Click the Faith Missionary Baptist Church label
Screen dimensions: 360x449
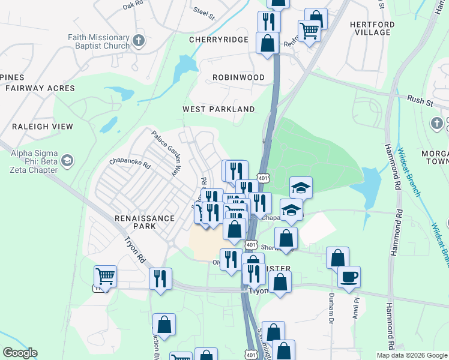point(98,41)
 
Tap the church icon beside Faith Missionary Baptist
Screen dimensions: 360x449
point(139,41)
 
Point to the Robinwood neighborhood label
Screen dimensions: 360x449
point(238,77)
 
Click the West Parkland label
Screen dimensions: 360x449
point(218,109)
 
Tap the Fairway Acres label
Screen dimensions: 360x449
point(40,88)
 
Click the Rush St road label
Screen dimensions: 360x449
point(420,100)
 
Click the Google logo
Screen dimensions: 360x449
point(20,353)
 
